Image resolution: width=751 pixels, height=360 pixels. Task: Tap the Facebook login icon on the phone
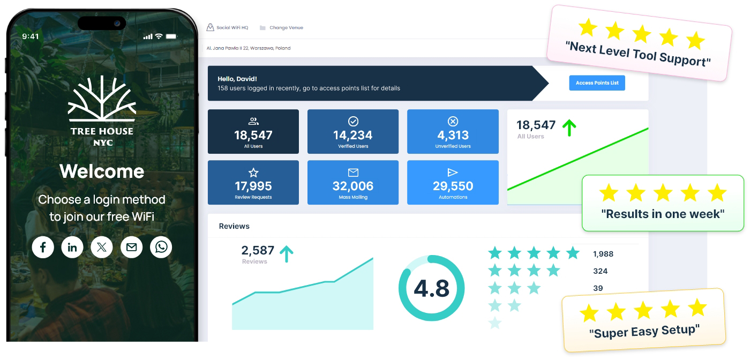43,247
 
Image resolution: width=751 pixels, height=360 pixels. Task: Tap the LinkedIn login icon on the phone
72,247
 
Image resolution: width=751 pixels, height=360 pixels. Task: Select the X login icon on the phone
102,247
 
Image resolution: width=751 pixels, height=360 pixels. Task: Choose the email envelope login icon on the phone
131,247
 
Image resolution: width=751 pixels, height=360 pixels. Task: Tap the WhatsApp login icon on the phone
161,247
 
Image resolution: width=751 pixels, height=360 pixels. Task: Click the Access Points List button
597,83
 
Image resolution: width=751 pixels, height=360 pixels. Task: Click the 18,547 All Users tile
253,132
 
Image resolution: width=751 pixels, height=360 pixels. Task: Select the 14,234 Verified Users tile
352,132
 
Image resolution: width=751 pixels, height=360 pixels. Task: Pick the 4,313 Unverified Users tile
453,132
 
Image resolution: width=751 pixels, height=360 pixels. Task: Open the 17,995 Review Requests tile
253,183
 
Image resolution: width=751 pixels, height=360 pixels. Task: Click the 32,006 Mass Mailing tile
352,183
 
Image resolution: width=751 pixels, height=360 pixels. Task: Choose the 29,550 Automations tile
453,183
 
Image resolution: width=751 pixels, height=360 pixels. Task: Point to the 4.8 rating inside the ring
431,288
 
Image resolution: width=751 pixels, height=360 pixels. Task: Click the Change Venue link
286,27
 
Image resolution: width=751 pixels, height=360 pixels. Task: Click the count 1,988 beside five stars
603,254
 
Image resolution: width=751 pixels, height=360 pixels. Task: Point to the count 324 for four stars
600,271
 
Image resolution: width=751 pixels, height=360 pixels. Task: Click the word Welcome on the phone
102,171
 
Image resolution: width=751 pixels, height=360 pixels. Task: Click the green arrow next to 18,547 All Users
569,127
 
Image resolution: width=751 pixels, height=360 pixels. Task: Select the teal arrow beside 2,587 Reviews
287,253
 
